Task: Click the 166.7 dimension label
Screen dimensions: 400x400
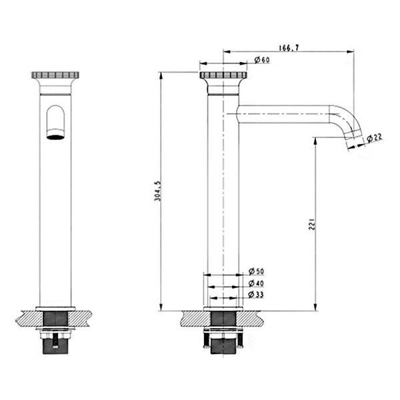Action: click(289, 48)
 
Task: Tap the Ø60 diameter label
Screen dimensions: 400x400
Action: click(262, 60)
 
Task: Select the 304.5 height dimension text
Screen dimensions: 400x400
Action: click(157, 191)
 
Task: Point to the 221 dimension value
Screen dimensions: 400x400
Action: click(312, 224)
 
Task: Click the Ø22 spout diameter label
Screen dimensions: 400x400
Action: click(375, 138)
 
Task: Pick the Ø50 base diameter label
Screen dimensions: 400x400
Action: click(257, 271)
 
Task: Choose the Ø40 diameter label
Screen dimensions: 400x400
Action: click(256, 283)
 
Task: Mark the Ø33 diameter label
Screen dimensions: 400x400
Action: click(256, 295)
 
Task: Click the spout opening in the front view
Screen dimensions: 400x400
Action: click(55, 135)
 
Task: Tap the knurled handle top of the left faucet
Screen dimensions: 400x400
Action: click(55, 75)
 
